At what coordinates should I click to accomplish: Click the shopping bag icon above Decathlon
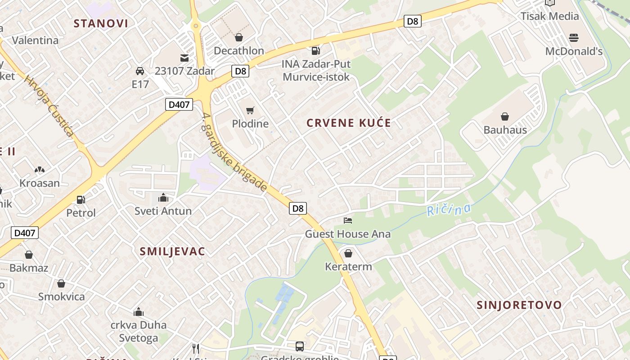[238, 37]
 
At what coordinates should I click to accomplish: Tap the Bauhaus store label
[505, 130]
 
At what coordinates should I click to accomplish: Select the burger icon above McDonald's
[573, 37]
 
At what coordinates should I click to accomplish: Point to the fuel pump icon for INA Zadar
[316, 50]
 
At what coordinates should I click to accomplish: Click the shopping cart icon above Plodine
[250, 110]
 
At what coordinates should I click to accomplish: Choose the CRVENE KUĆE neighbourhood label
[349, 123]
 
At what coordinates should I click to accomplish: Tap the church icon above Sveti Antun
[163, 198]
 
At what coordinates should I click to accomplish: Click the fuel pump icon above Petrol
[81, 199]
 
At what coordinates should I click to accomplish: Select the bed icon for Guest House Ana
[347, 220]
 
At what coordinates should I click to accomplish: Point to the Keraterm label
[348, 267]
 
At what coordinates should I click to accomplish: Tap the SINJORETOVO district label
[519, 305]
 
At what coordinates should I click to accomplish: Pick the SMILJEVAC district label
[172, 252]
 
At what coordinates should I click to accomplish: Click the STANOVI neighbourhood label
[101, 23]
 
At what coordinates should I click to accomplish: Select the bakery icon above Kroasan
[40, 170]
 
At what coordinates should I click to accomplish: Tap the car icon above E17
[140, 71]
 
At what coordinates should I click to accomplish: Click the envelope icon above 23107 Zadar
[184, 58]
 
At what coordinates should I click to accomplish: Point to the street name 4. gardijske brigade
[234, 153]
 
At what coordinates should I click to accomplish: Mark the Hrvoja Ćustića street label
[49, 106]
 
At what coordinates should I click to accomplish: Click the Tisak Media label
[549, 16]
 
